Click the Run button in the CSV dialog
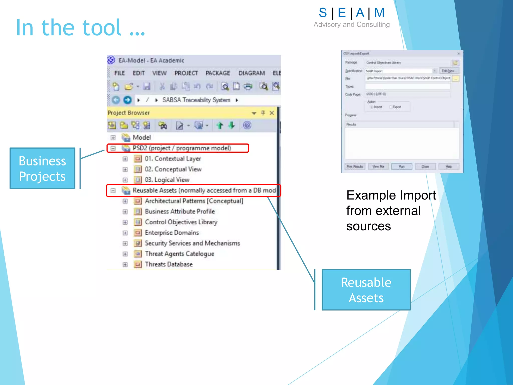402,166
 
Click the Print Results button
355,166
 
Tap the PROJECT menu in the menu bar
186,73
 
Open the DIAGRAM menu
251,73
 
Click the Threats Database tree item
169,264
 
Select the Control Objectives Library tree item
181,222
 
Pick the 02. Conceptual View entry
173,169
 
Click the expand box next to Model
113,138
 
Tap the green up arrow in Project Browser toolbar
220,125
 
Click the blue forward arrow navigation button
127,100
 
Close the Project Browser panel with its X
272,113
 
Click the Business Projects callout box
42,168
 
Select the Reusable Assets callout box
366,290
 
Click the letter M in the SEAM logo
379,13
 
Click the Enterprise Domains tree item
172,233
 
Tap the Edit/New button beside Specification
449,71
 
